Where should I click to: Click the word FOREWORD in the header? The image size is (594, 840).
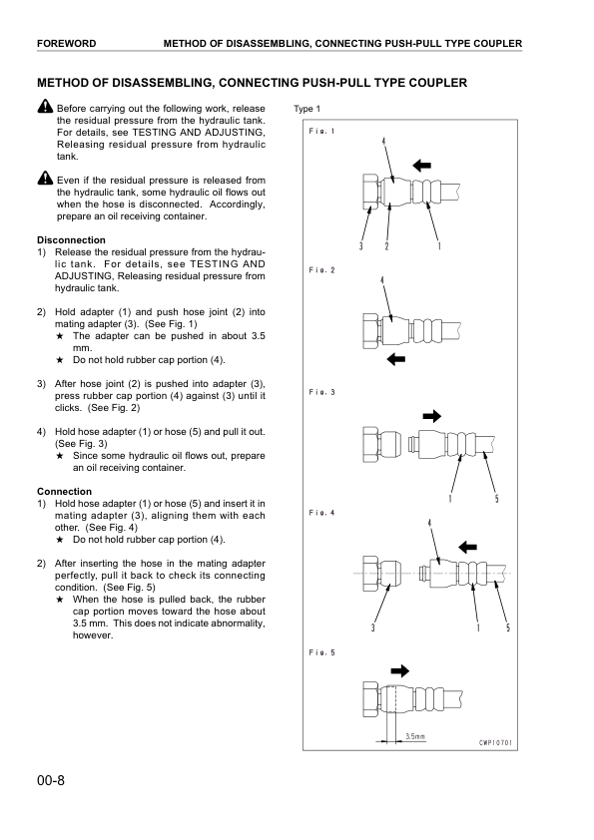(66, 44)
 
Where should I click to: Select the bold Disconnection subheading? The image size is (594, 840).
(71, 239)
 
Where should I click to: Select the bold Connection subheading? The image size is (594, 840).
(64, 491)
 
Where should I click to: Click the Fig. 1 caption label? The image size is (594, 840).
(321, 132)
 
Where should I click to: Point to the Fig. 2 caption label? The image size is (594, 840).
(321, 270)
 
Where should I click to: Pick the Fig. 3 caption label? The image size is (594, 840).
(321, 392)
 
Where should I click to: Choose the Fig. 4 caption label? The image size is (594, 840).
(321, 513)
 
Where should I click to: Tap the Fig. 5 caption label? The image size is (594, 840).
(321, 652)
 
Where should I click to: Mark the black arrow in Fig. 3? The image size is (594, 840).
(406, 414)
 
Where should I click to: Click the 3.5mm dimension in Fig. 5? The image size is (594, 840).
(414, 737)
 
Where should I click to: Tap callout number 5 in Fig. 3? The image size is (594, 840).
(496, 499)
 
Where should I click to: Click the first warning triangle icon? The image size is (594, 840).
(45, 107)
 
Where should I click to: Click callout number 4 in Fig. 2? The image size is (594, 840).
(382, 281)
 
